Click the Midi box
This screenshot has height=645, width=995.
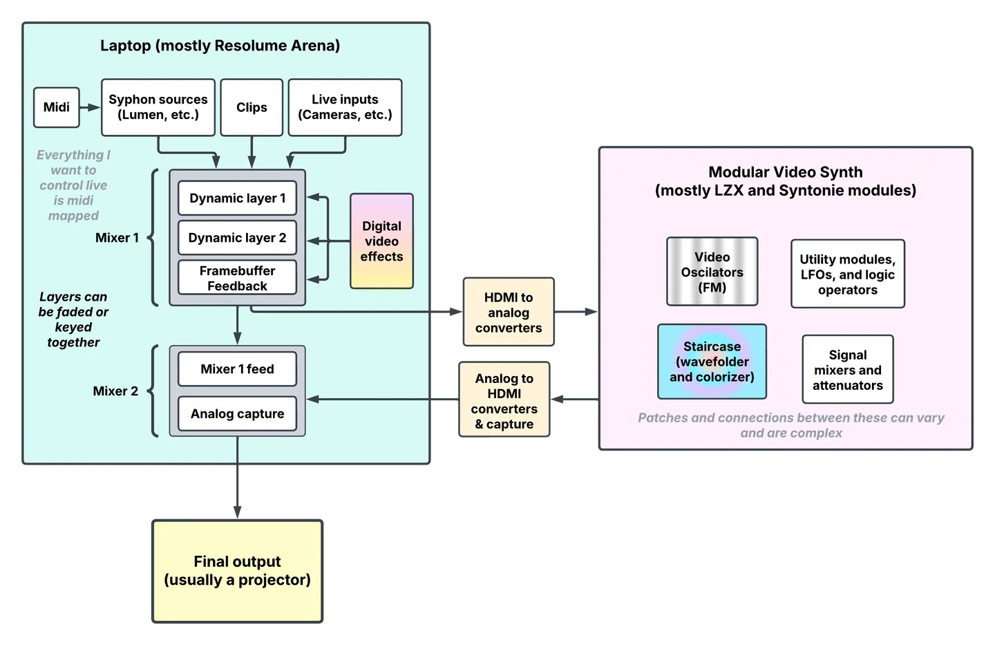(x=57, y=107)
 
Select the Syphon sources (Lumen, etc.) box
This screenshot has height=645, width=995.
(x=158, y=107)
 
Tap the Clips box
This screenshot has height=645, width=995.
(x=252, y=107)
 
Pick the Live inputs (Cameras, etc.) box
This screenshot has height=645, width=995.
(x=345, y=107)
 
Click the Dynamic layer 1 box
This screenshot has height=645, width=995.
(x=237, y=198)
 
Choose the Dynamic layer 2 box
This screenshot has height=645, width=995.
(x=237, y=238)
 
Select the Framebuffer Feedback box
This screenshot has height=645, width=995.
(x=237, y=278)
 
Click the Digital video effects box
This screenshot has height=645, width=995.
(x=381, y=241)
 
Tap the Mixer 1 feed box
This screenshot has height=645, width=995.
(x=237, y=369)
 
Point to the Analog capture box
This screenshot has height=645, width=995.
(x=237, y=413)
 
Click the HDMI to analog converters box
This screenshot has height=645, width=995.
(x=509, y=312)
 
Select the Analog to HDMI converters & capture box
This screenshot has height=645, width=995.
(x=504, y=401)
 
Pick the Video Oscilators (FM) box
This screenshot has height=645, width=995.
(x=712, y=272)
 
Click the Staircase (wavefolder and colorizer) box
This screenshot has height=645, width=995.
(x=712, y=362)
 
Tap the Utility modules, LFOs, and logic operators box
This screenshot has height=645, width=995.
(x=847, y=274)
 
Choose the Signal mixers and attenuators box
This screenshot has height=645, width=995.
(x=847, y=370)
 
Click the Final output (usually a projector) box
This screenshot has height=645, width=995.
(x=237, y=571)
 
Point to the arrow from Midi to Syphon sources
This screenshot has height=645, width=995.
(x=90, y=107)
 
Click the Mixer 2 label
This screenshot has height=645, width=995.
(x=115, y=391)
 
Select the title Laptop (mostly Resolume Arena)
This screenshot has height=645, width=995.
(x=220, y=46)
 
